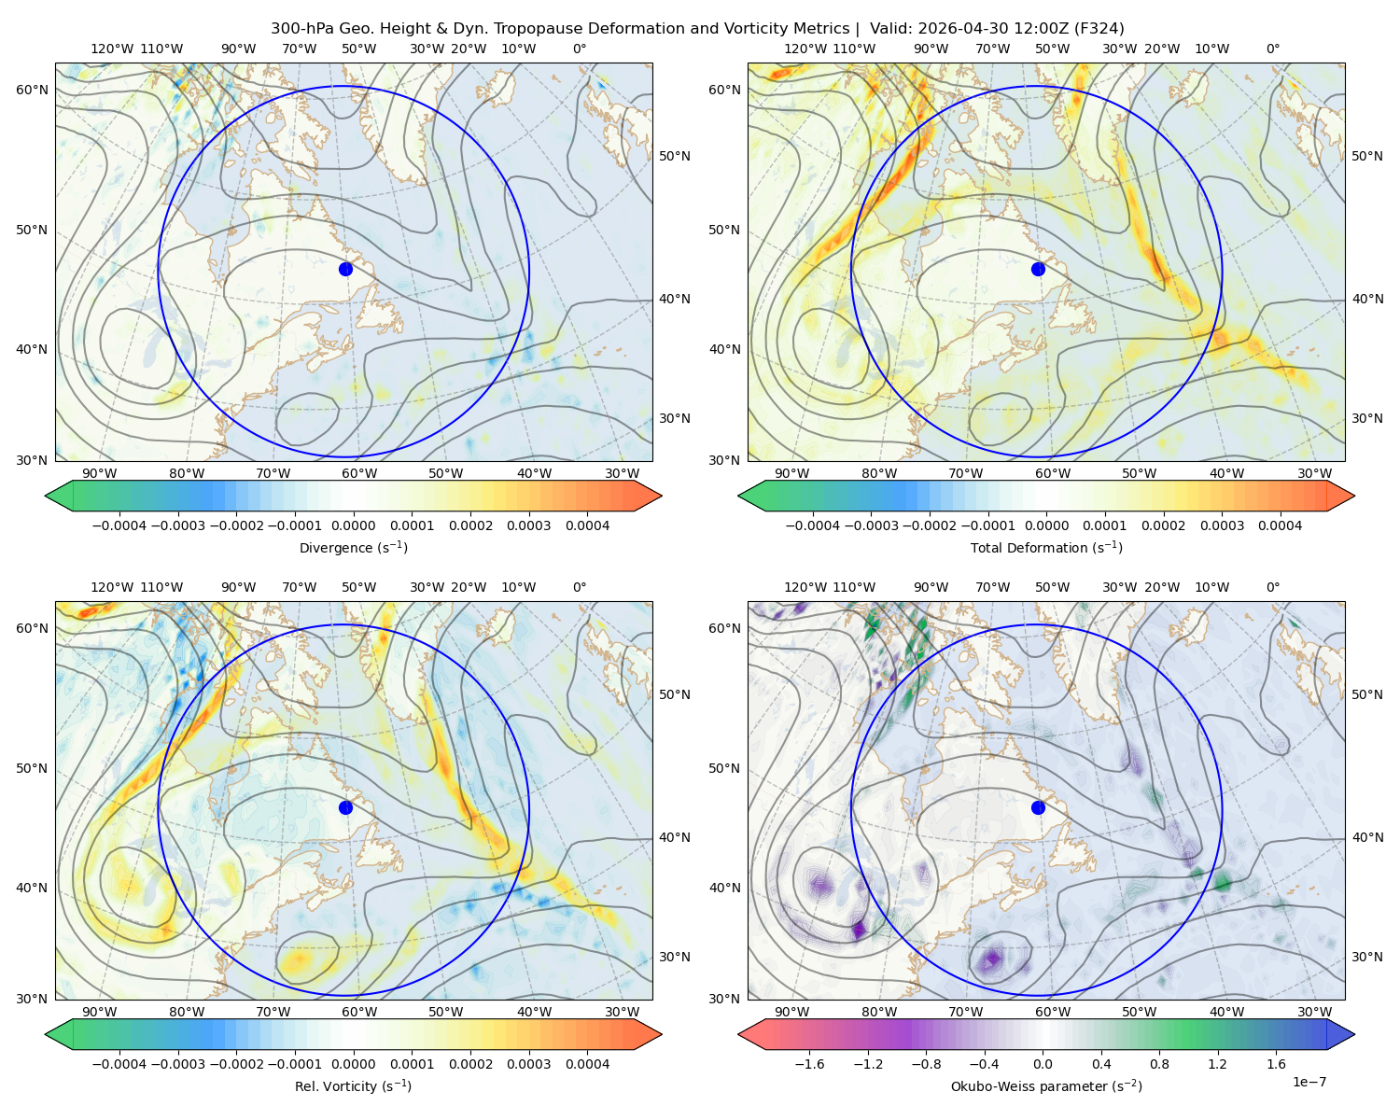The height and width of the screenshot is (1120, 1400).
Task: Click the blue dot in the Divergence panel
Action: [x=345, y=269]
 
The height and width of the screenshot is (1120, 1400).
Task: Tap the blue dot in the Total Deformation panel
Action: [x=1038, y=269]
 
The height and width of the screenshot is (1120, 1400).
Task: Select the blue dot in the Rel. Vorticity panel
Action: [x=345, y=807]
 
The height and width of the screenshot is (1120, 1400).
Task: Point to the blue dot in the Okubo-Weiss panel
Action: [x=1038, y=807]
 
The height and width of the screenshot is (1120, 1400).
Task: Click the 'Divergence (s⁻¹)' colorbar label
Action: [x=353, y=547]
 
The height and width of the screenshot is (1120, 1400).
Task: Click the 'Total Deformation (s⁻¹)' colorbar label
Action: [x=1046, y=547]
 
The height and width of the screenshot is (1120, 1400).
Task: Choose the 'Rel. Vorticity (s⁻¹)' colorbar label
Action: [x=353, y=1085]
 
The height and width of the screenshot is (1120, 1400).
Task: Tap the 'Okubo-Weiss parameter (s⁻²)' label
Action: [x=1046, y=1085]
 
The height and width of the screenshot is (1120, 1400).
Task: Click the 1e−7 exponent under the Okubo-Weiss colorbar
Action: [x=1309, y=1082]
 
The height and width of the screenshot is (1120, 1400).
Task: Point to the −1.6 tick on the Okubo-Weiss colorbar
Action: [x=809, y=1063]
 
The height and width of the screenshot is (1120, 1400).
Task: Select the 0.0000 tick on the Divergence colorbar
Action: [x=353, y=525]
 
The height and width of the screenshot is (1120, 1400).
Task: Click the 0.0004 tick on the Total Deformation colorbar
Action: [x=1280, y=525]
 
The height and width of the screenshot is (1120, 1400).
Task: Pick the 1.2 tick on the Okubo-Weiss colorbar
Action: [x=1217, y=1063]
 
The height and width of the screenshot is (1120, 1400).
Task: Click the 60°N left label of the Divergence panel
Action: [x=32, y=90]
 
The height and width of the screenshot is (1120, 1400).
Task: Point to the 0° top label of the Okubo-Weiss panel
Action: [x=1272, y=587]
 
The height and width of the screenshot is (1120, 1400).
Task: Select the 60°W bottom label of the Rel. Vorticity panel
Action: [x=359, y=1012]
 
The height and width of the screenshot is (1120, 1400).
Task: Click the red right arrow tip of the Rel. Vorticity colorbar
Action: [x=661, y=1034]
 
